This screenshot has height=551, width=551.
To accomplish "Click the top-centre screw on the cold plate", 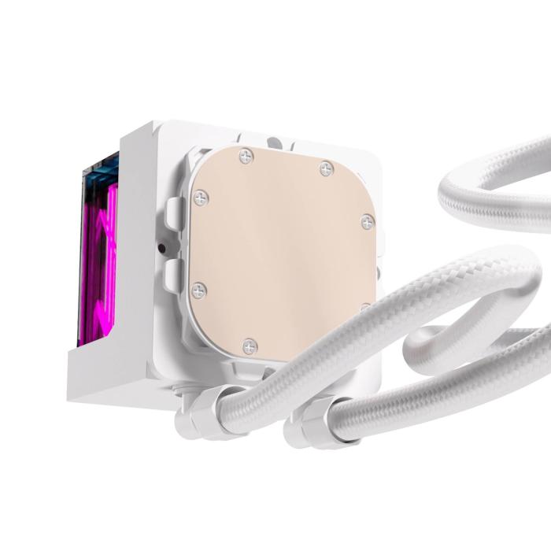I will point(247,157).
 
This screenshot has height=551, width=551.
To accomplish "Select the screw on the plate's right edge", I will point(367,222).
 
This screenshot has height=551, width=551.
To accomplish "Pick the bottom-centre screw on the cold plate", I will point(250,344).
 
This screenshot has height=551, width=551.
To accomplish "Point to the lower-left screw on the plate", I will point(199,290).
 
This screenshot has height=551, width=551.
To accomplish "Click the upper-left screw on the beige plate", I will point(200,198).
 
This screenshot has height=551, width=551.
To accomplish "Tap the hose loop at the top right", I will point(488,197).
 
